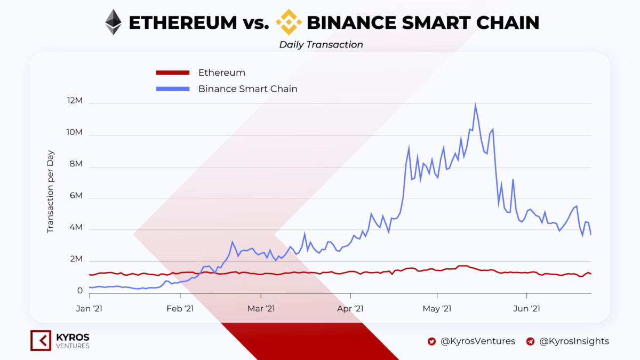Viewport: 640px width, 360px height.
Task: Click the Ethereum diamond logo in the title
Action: click(113, 22)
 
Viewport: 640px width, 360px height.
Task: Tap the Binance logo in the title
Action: click(288, 22)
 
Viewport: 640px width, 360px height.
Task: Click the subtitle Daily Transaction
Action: click(321, 45)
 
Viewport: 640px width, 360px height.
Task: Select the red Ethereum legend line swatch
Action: click(172, 73)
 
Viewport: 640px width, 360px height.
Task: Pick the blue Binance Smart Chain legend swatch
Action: click(172, 89)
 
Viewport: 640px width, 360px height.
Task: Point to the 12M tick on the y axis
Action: click(75, 101)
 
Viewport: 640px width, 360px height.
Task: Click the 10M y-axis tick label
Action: click(75, 133)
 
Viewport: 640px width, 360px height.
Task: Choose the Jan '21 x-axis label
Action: click(90, 308)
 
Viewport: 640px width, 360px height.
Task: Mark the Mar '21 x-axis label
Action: click(261, 308)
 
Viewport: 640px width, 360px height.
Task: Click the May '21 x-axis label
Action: click(437, 308)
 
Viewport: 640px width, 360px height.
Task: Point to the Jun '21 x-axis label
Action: click(527, 308)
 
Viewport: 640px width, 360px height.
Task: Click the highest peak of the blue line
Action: click(475, 105)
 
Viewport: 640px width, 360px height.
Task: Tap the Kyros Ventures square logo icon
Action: click(41, 341)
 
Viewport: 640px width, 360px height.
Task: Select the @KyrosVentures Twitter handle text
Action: click(478, 341)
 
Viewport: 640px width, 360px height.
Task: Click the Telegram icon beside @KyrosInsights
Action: click(531, 341)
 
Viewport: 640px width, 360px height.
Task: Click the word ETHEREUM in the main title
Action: click(183, 23)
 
